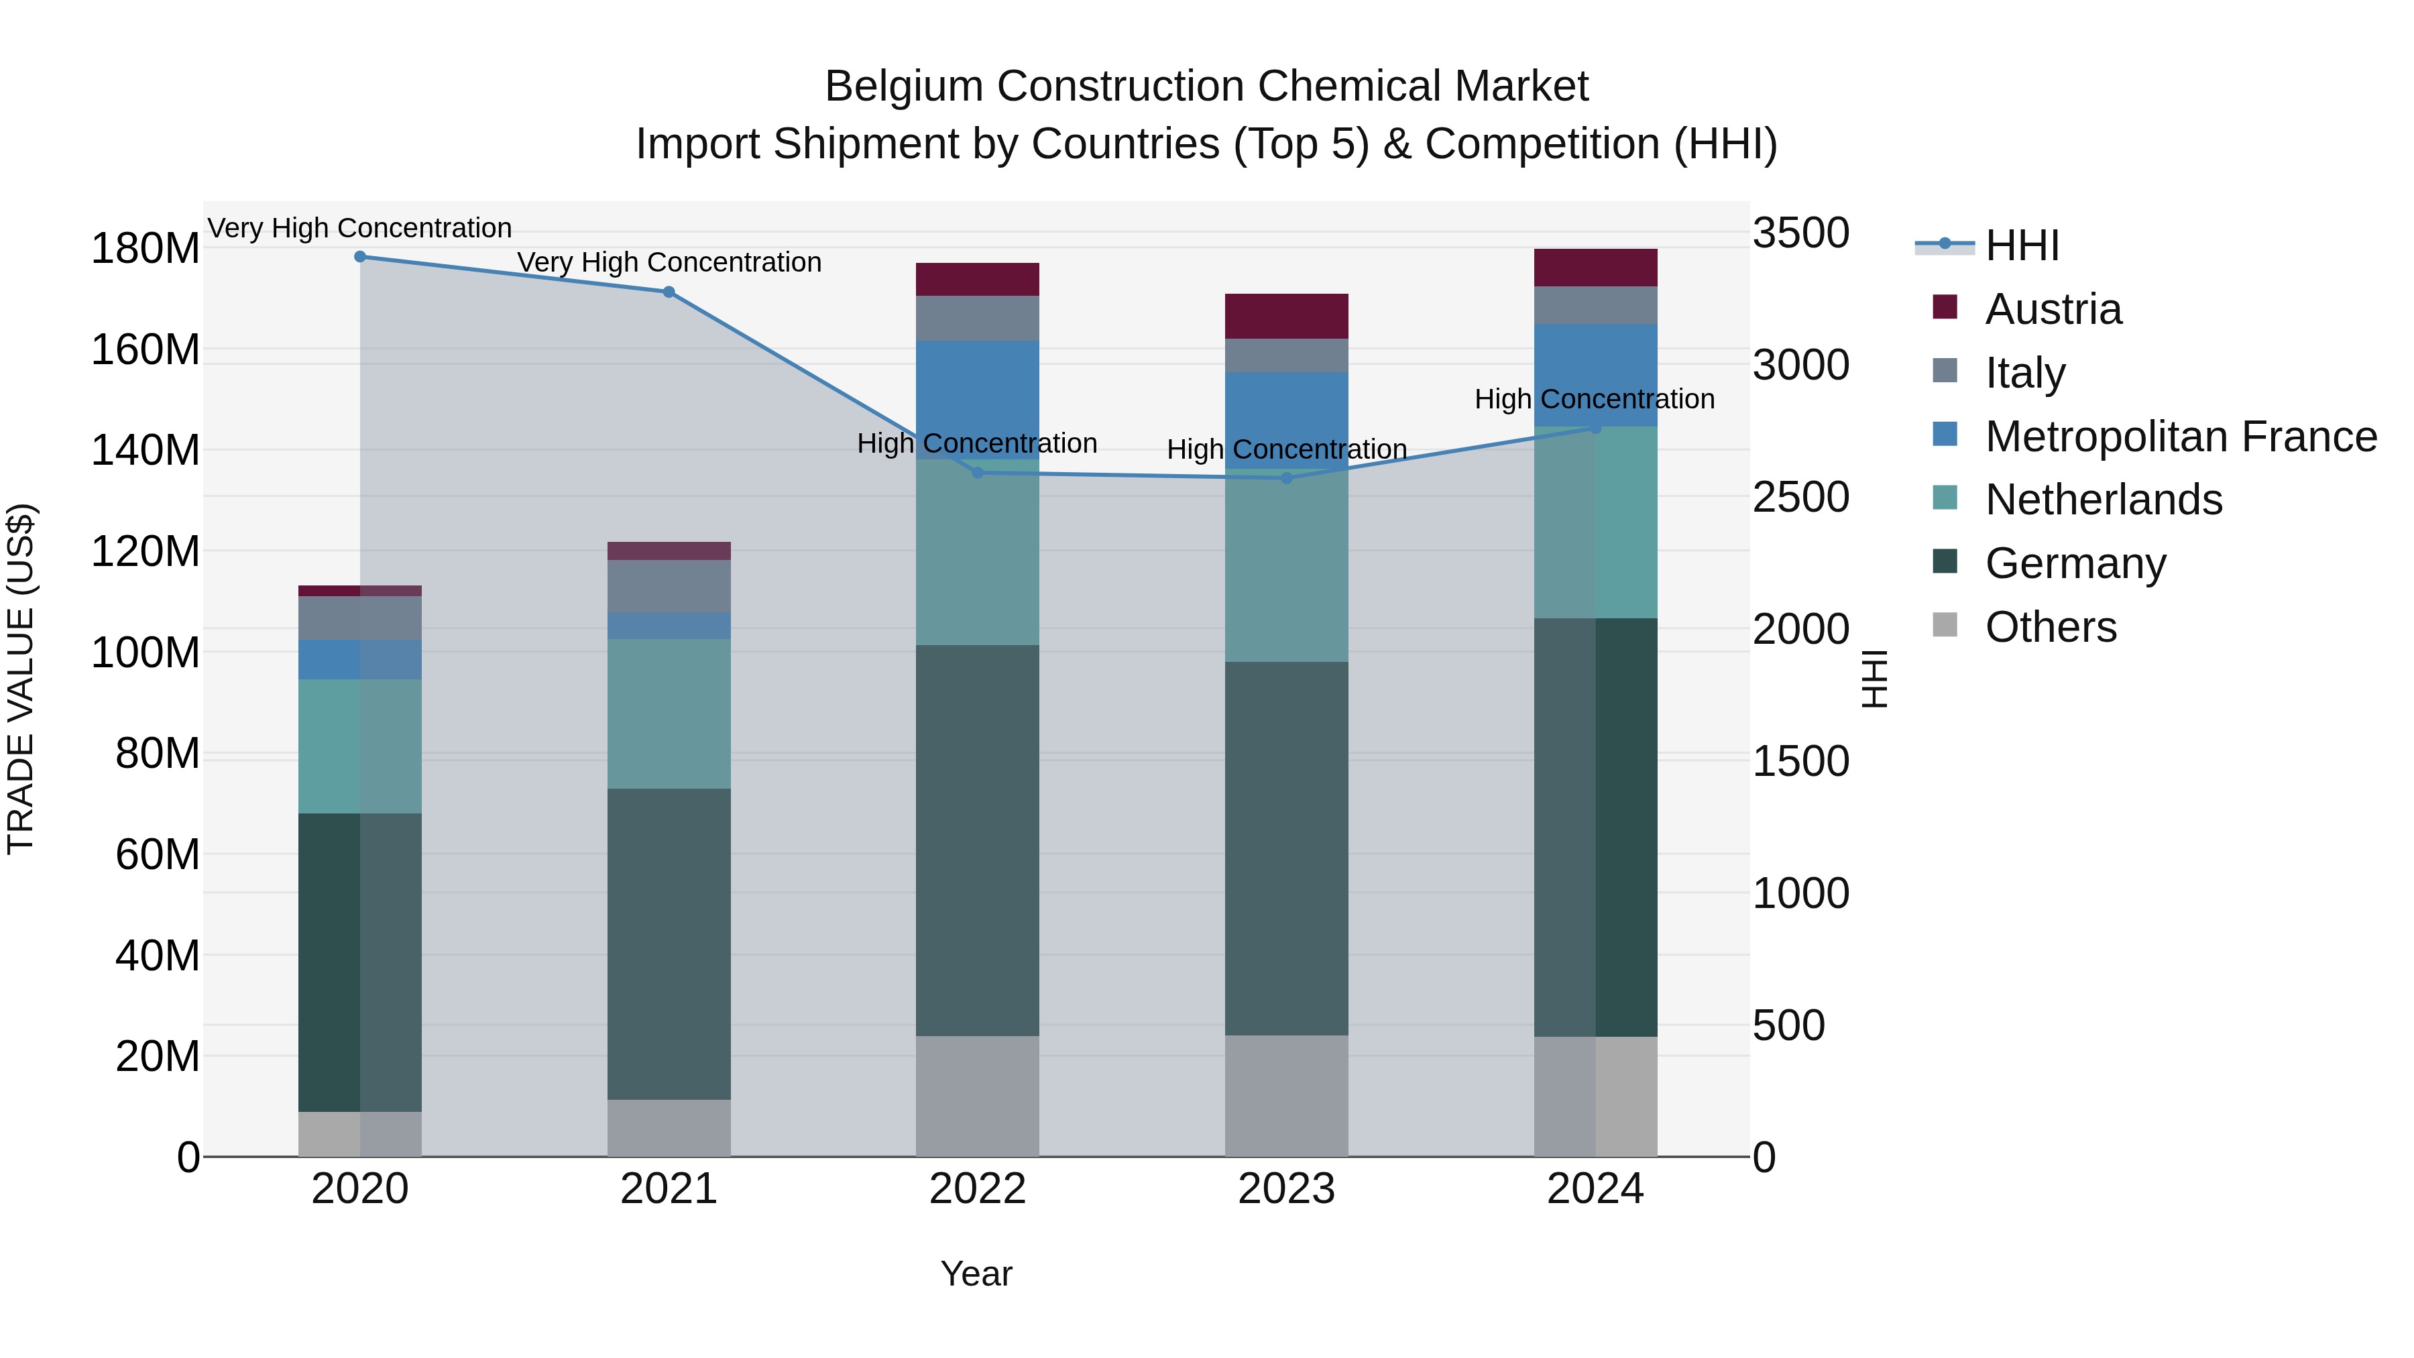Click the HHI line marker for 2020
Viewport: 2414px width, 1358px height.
click(360, 257)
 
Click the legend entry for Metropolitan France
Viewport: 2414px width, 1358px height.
click(2180, 437)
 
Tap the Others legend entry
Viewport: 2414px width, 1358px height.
click(2051, 627)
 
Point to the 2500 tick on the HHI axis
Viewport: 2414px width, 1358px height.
click(1800, 498)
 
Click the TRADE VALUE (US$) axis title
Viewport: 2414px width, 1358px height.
click(21, 679)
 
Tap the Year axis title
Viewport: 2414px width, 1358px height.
click(976, 1274)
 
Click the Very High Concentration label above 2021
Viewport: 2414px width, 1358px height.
click(669, 262)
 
